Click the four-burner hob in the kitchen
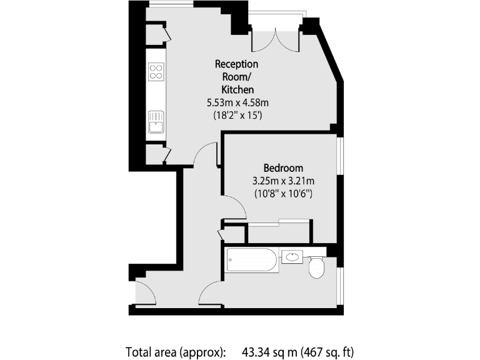[156, 72]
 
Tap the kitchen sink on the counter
[156, 122]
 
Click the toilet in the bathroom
[317, 267]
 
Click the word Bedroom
[283, 168]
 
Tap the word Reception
[236, 64]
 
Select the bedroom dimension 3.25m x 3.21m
[283, 181]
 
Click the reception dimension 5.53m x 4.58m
[237, 102]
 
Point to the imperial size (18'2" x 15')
[237, 116]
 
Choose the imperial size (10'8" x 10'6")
[283, 194]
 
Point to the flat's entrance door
[145, 292]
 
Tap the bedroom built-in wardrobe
[279, 232]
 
